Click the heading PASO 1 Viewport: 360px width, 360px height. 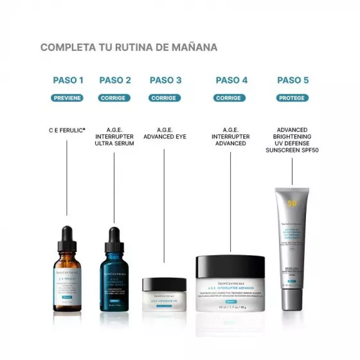click(67, 80)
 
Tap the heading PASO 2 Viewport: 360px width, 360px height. click(115, 80)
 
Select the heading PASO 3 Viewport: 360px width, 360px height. click(165, 80)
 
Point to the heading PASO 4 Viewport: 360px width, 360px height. click(231, 80)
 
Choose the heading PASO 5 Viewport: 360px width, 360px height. click(292, 80)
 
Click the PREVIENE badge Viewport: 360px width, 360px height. click(67, 98)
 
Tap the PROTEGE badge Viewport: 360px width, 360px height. click(292, 98)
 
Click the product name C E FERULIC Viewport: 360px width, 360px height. click(67, 129)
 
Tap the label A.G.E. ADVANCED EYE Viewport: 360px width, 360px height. click(165, 133)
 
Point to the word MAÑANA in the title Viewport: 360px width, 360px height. click(193, 47)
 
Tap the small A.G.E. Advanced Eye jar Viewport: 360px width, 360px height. click(164, 294)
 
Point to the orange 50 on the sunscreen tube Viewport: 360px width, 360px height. click(292, 204)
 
